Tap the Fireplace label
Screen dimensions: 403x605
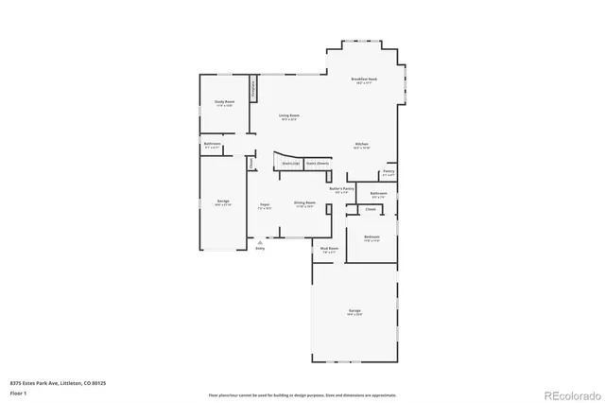253,89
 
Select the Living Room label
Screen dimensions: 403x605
288,116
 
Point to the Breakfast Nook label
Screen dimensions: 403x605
364,79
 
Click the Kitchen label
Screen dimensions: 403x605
361,145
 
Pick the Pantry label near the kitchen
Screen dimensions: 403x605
389,172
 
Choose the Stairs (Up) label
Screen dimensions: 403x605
291,163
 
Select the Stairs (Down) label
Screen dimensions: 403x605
317,163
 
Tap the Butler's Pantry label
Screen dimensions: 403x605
340,189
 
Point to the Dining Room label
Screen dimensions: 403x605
304,203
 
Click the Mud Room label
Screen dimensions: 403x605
330,250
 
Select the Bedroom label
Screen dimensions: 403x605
372,237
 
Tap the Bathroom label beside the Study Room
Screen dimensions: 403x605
213,145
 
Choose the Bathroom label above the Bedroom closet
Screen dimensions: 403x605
378,194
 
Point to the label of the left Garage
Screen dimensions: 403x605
223,202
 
